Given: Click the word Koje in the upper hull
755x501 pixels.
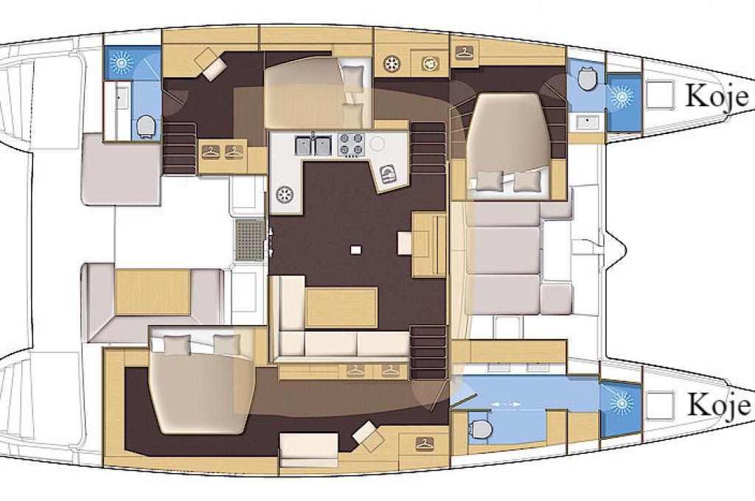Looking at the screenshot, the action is [x=717, y=96].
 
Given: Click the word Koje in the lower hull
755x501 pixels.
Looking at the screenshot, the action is [x=717, y=404].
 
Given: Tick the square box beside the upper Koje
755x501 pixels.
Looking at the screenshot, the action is [x=660, y=94].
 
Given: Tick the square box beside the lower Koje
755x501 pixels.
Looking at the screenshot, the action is [x=660, y=405].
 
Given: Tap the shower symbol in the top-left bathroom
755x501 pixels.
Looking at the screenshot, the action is [x=120, y=62].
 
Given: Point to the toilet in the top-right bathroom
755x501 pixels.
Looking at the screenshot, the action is [x=587, y=79].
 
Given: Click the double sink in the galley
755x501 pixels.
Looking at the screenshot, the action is [x=313, y=146].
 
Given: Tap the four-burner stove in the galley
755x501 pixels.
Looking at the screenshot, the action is [x=350, y=145].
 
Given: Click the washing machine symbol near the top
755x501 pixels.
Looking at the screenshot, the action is [x=428, y=63].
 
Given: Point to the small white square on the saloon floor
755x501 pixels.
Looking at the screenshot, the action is [x=356, y=249].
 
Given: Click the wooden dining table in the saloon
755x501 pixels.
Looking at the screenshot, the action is [x=341, y=306].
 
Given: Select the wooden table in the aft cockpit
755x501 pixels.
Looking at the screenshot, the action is [x=153, y=292].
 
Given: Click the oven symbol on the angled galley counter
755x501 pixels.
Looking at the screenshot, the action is [x=388, y=173].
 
